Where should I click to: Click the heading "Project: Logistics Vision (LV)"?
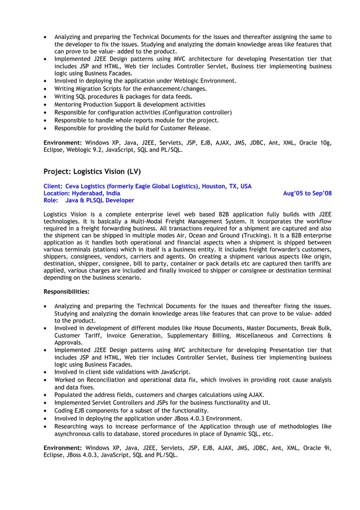click(92, 171)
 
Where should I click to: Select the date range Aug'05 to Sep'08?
click(307, 193)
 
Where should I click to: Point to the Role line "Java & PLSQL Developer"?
click(100, 200)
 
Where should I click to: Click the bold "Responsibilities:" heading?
click(67, 292)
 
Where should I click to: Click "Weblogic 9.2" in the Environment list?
click(84, 150)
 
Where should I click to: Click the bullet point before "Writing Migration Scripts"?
click(46, 89)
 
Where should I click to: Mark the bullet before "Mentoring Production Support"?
click(46, 104)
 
